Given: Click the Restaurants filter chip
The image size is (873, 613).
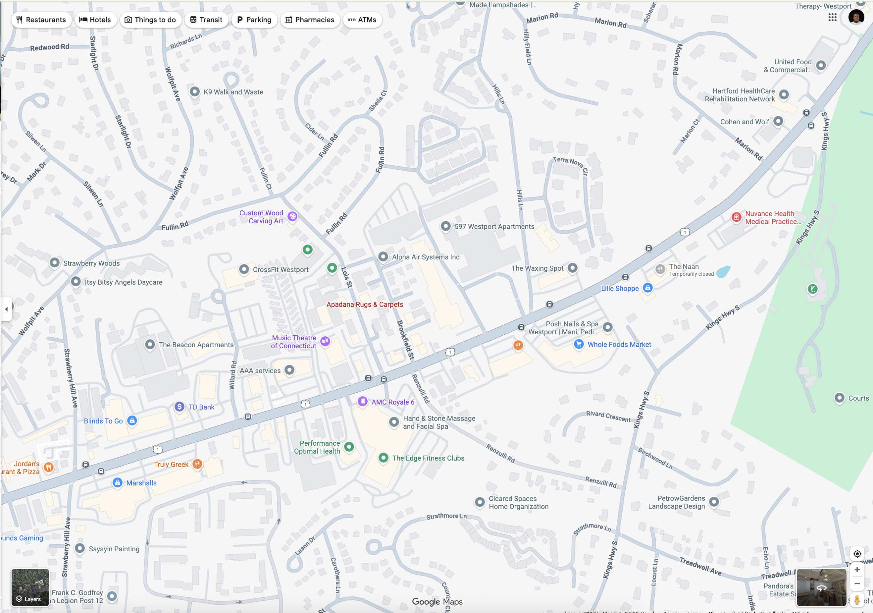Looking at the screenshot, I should pos(41,20).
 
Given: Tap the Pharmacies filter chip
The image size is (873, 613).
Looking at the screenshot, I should pos(310,20).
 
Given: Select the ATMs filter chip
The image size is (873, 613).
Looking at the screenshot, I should pos(362,20).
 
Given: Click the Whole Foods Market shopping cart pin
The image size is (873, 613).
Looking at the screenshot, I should pos(578,344).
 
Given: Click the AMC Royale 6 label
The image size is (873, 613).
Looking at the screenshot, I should pos(392,402).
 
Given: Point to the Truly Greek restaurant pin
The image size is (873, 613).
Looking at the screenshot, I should pos(197,464).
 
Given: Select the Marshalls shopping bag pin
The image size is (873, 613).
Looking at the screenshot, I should pos(118,482).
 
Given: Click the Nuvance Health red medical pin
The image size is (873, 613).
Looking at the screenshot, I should pos(736,217).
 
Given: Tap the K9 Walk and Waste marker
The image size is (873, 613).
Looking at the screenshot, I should pos(195,92).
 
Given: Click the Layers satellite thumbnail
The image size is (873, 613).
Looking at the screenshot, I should pos(30,587).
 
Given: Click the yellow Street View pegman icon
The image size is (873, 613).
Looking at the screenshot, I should pos(857,600).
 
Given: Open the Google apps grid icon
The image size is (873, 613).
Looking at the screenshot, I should pos(832,18).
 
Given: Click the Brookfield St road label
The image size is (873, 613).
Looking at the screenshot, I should pos(405,340).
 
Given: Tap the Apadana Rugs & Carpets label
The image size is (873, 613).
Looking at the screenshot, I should pos(364,305).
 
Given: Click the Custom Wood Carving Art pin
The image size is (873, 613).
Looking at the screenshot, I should pos(292,216).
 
